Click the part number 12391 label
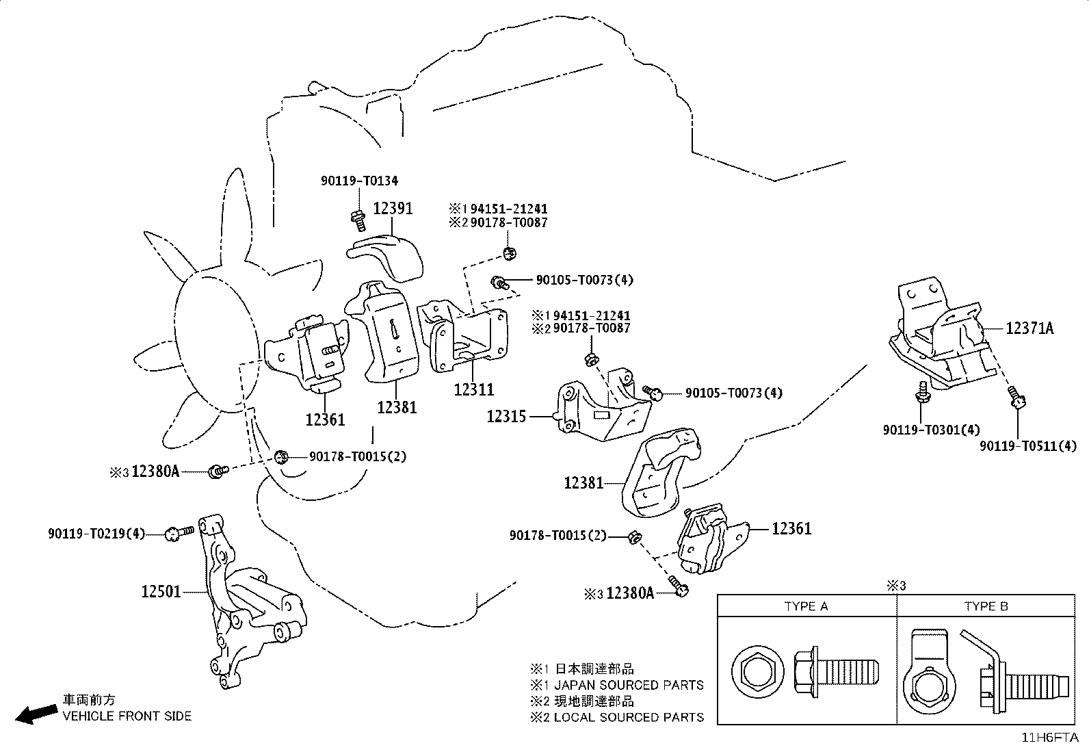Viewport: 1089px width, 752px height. tap(393, 209)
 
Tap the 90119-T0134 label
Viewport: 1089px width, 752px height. tap(359, 181)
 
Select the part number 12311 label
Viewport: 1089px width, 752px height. tap(474, 389)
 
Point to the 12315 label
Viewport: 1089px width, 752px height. tap(507, 417)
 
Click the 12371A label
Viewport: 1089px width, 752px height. tap(1029, 328)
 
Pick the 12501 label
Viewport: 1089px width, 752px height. tap(161, 591)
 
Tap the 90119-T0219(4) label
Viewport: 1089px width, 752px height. tap(96, 534)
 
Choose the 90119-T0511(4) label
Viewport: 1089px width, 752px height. tap(1028, 446)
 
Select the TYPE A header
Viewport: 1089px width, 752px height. tap(806, 606)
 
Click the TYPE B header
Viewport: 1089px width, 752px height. tap(986, 606)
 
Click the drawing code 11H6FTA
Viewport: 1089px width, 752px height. tap(1050, 738)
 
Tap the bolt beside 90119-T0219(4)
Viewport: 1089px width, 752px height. tap(179, 533)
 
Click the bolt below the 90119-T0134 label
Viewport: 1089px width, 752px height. tap(358, 221)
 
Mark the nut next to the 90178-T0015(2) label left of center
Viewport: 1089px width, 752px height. tap(281, 457)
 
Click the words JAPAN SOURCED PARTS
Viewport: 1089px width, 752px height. tap(629, 685)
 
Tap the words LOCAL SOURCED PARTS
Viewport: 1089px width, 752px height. tap(629, 717)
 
